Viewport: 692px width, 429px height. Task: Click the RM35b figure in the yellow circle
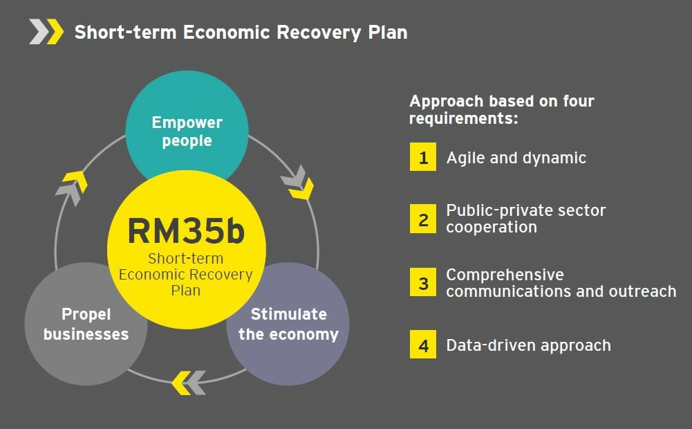186,231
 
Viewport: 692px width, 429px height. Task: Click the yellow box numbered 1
423,158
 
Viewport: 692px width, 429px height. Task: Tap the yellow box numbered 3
423,284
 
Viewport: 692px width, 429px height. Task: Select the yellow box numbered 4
423,345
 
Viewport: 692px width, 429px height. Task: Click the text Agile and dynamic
516,158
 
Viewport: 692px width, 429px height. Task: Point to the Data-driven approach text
528,345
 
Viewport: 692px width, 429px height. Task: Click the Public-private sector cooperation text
525,219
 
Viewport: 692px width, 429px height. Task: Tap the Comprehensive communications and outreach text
561,283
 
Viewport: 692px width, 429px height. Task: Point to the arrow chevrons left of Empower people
72,184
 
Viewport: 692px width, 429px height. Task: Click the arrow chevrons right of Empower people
297,181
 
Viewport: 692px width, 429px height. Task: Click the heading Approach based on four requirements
501,109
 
